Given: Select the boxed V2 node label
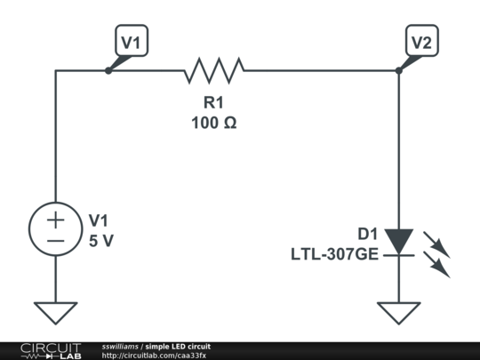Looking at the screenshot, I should [423, 41].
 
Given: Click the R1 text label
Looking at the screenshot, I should [213, 103].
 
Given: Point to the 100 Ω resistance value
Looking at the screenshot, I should [213, 123].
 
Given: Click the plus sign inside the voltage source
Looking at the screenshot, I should [55, 220].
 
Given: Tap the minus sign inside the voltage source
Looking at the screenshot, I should [55, 241].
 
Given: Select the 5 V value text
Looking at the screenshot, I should [101, 240].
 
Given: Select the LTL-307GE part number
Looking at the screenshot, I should [334, 254].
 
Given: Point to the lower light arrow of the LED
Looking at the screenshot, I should [438, 265].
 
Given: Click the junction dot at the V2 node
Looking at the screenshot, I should [398, 69].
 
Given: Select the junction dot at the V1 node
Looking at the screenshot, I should [108, 69].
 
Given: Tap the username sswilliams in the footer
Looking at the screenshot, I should [119, 346].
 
